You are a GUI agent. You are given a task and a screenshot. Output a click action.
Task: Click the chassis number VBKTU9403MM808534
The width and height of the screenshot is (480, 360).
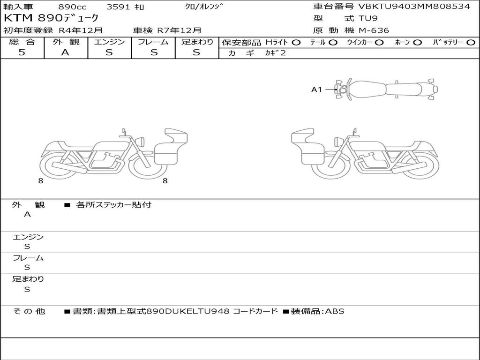414,6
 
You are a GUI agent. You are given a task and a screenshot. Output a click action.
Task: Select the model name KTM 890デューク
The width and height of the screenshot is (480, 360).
51,18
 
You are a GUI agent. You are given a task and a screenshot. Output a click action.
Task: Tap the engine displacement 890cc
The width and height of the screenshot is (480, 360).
72,7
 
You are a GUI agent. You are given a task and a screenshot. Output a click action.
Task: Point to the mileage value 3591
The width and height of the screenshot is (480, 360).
119,7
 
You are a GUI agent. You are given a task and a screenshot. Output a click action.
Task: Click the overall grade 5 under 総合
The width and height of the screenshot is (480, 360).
22,52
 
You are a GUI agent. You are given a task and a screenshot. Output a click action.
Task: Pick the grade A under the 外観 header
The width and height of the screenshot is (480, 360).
65,52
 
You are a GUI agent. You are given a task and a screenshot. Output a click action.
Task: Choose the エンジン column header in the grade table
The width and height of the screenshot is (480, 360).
109,42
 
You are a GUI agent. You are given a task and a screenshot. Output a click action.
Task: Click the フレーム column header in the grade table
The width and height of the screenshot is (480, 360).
153,42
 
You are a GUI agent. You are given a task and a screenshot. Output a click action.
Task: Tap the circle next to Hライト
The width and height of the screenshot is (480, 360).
296,43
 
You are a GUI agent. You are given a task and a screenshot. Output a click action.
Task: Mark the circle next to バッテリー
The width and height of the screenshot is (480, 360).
471,43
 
